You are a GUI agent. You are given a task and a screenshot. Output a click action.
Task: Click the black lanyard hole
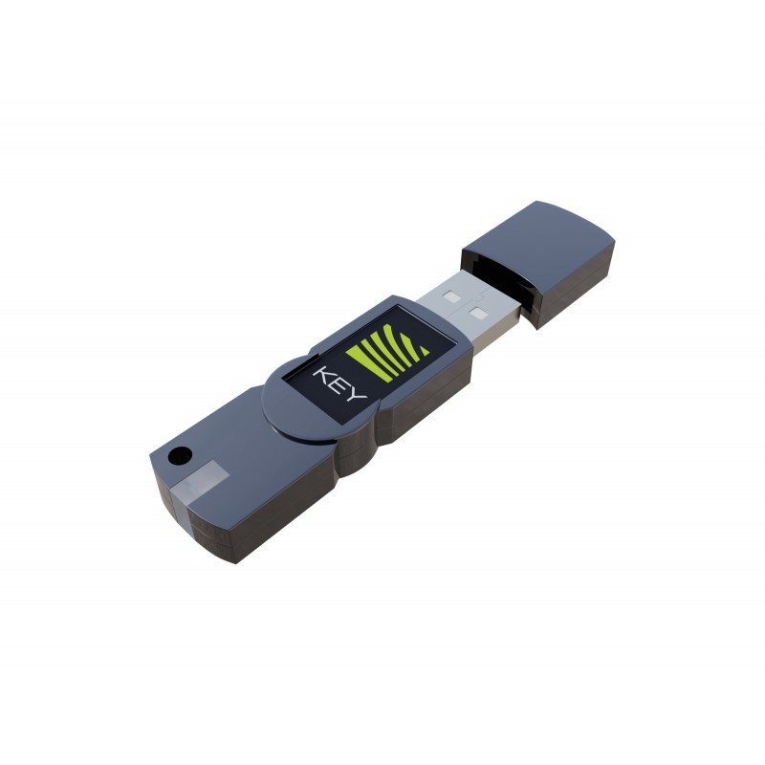pos(180,456)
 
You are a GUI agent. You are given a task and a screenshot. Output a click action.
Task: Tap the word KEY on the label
pos(339,383)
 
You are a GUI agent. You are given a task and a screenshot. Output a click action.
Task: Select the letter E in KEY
pos(339,383)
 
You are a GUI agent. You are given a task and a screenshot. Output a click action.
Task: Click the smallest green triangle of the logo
pos(423,349)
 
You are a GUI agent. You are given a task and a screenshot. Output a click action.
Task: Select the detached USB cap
pos(538,265)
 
